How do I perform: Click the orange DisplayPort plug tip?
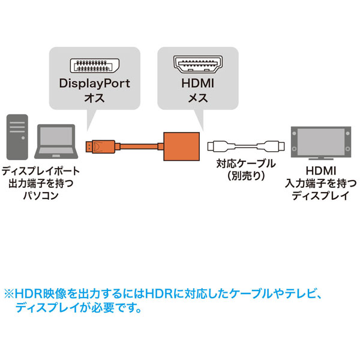pyautogui.click(x=92, y=145)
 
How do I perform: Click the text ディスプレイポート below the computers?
pyautogui.click(x=40, y=171)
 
